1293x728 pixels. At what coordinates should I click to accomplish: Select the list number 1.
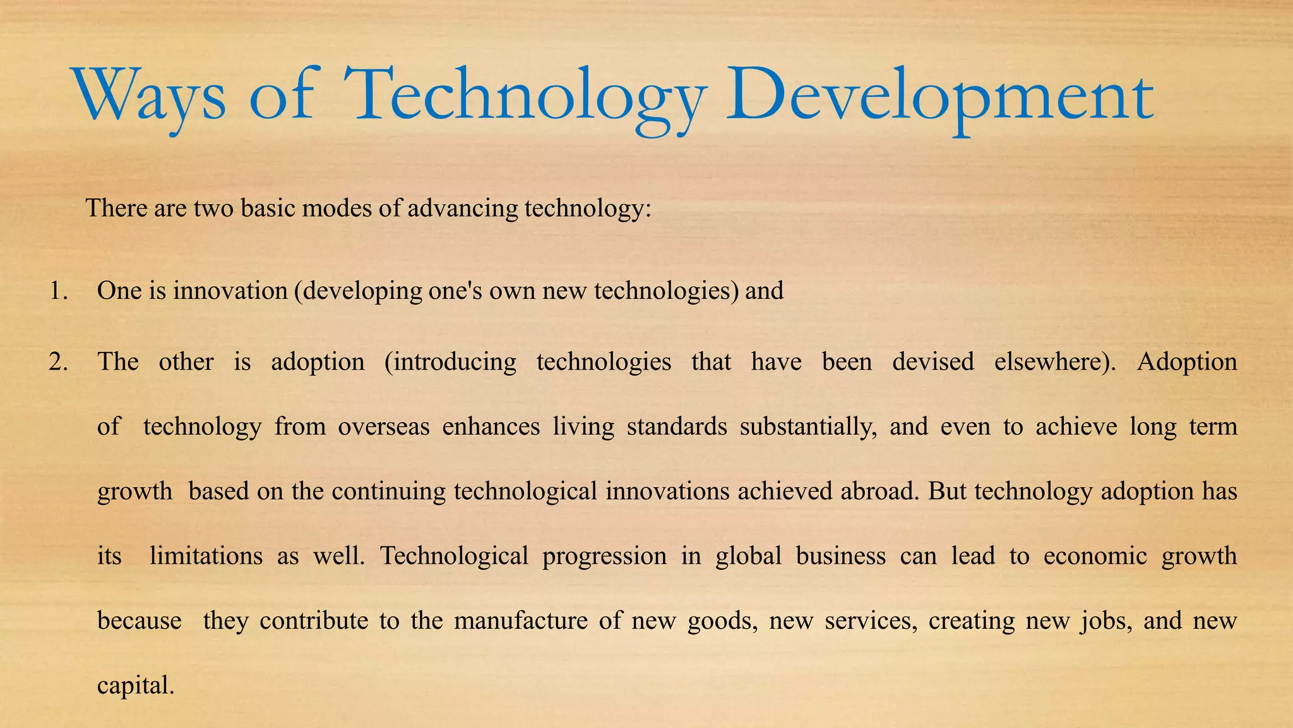tap(58, 291)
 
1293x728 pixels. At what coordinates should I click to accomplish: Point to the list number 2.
tap(58, 362)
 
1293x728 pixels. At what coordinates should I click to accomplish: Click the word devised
tap(933, 362)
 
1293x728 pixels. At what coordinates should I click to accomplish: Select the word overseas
tap(383, 427)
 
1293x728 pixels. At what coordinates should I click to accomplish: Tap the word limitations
tap(206, 556)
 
